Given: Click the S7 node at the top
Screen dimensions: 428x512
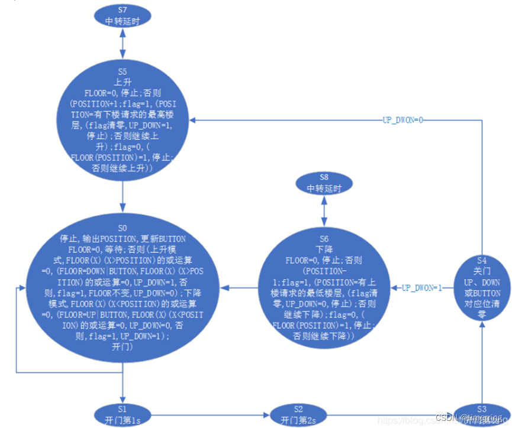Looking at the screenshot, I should point(123,15).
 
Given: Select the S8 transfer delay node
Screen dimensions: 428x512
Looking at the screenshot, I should point(324,183).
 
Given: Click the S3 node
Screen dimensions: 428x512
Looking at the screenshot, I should point(481,414).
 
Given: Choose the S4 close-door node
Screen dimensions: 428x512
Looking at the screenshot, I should point(481,287).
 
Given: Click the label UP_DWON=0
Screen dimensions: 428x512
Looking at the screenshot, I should point(402,119).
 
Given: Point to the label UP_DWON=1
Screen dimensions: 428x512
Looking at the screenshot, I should point(422,288).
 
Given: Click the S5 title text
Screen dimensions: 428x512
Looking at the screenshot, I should point(122,72).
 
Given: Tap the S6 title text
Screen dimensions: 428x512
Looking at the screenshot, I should point(324,239).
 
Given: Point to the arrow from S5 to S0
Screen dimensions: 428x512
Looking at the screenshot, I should point(123,192).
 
